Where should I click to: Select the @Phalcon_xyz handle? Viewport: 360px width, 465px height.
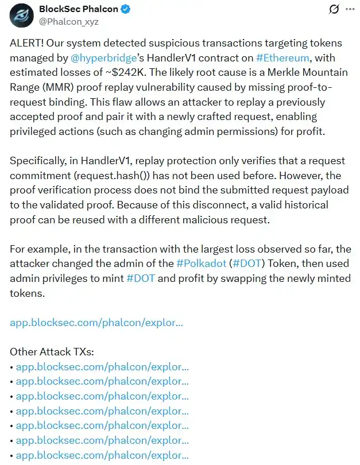(69, 22)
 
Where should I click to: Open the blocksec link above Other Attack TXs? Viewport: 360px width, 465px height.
(96, 323)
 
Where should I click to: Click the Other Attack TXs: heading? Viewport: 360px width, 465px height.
(52, 352)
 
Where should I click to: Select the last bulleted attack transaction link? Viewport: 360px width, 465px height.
(102, 455)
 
